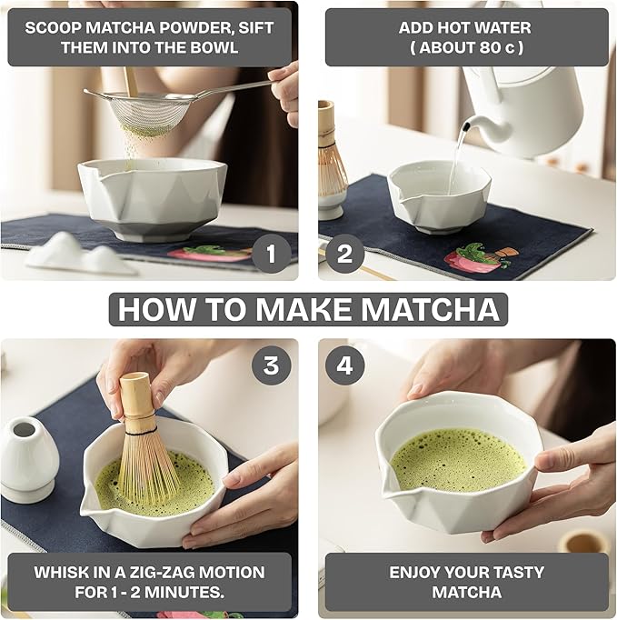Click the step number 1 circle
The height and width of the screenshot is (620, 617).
[271, 254]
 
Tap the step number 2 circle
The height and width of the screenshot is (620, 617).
[344, 254]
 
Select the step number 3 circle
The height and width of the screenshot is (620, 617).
[271, 365]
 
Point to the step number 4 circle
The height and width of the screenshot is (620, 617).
[344, 365]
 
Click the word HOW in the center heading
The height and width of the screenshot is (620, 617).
[152, 310]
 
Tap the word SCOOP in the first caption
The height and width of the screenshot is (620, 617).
[55, 26]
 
